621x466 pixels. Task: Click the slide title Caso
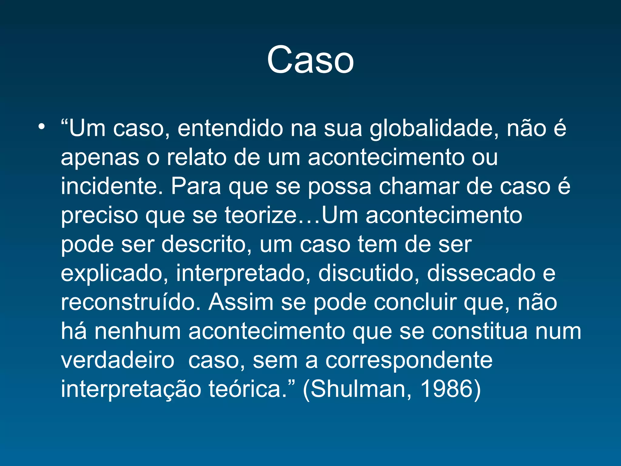(x=310, y=60)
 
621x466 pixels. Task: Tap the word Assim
(x=241, y=302)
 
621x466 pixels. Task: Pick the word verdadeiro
(x=118, y=360)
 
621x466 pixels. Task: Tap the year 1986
(x=447, y=389)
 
